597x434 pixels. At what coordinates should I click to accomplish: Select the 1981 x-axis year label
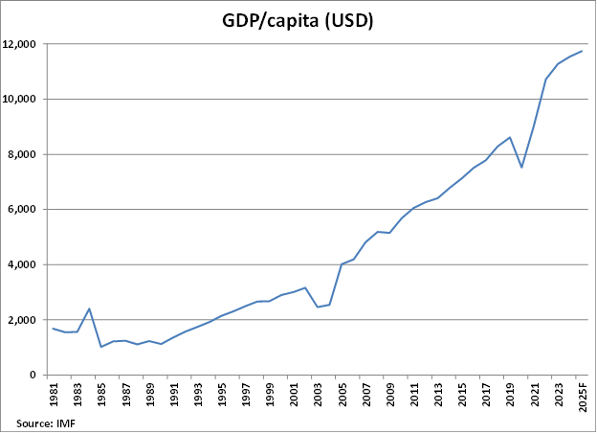54,395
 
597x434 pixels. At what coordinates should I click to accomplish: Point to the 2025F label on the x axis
582,398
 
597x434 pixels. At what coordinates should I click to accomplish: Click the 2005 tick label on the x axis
342,395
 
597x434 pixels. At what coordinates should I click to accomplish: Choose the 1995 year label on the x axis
222,395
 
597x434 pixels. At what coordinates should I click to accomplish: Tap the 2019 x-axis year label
510,395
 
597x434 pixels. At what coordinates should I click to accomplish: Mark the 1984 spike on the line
89,308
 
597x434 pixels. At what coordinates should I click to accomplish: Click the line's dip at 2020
521,168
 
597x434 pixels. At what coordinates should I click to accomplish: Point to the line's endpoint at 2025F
582,51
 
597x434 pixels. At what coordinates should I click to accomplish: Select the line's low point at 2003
318,307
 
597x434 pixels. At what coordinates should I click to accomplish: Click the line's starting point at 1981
54,329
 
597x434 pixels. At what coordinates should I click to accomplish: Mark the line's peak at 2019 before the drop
510,137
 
